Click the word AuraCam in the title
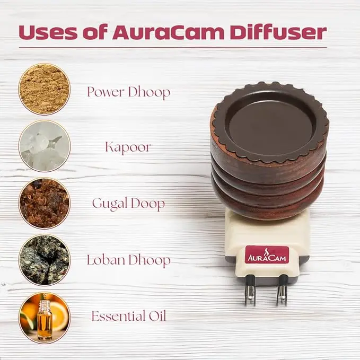(168, 32)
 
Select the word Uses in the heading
(48, 32)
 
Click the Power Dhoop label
(128, 92)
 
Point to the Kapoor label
(128, 147)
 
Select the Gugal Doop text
(128, 204)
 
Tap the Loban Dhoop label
(128, 260)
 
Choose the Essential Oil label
(128, 316)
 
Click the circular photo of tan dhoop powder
(45, 89)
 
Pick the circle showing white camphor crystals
(45, 146)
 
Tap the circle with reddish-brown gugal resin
(45, 203)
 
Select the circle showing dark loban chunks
(45, 260)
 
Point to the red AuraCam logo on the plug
(267, 254)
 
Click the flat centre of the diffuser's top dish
(270, 125)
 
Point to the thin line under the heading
(173, 48)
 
